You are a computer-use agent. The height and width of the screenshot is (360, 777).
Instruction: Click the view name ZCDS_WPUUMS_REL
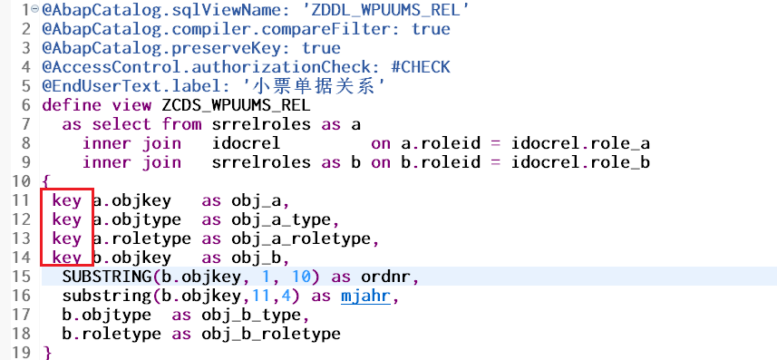click(236, 105)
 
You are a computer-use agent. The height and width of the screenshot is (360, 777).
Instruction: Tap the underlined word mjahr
click(364, 297)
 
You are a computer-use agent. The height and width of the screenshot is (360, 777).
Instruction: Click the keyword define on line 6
click(72, 105)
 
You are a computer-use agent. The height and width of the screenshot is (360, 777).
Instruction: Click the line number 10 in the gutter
click(20, 181)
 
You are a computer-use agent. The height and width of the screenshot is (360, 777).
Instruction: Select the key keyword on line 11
click(66, 200)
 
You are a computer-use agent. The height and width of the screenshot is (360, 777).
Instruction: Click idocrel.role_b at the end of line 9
click(580, 162)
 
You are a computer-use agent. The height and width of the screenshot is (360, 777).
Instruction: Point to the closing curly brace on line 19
click(47, 353)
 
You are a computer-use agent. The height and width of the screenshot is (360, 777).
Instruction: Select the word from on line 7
click(181, 124)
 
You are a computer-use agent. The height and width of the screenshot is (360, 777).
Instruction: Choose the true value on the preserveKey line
click(321, 48)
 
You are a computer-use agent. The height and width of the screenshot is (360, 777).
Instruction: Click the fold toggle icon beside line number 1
click(34, 9)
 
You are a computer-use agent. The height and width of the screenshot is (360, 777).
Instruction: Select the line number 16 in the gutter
click(20, 296)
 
